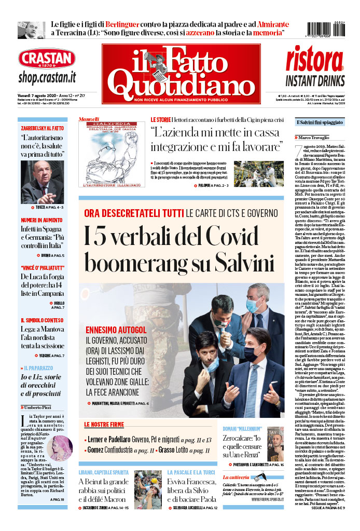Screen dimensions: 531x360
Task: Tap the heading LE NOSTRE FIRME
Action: point(105,425)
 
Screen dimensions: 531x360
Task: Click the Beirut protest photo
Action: point(148,487)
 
